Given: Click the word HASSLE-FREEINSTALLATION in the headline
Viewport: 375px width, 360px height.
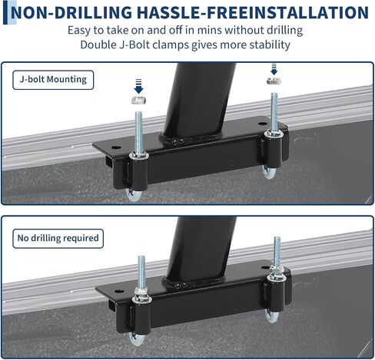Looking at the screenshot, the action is [253, 12].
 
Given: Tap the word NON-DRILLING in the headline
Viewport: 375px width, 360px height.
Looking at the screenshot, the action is [71, 13].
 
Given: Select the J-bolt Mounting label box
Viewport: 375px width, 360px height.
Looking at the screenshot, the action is [53, 80].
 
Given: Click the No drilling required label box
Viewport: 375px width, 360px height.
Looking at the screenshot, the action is [58, 239].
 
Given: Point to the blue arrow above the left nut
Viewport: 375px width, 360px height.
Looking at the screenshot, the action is [138, 87].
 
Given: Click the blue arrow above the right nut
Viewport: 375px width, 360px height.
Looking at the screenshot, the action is [274, 69].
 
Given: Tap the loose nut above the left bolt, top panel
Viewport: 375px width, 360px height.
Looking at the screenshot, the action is [138, 101].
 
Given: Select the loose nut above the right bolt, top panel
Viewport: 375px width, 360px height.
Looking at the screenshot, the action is [274, 81].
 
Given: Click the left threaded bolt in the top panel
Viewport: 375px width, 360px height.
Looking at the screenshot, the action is [138, 134].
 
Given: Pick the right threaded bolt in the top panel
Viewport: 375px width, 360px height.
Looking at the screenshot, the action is [274, 113].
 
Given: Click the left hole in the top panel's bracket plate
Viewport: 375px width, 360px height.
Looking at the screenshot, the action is [116, 147].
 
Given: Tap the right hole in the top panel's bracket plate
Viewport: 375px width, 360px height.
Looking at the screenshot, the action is [262, 124].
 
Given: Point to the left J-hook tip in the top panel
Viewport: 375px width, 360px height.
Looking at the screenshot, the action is [133, 196].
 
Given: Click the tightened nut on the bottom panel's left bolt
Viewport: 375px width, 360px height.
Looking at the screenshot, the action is [141, 292].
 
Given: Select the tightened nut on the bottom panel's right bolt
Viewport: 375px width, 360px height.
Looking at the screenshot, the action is [277, 269].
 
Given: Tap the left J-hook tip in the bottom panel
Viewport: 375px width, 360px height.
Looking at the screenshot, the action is [136, 339].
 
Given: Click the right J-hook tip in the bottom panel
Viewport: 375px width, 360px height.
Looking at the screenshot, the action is [271, 315].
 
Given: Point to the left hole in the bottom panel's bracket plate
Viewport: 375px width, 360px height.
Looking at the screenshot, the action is [119, 291].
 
